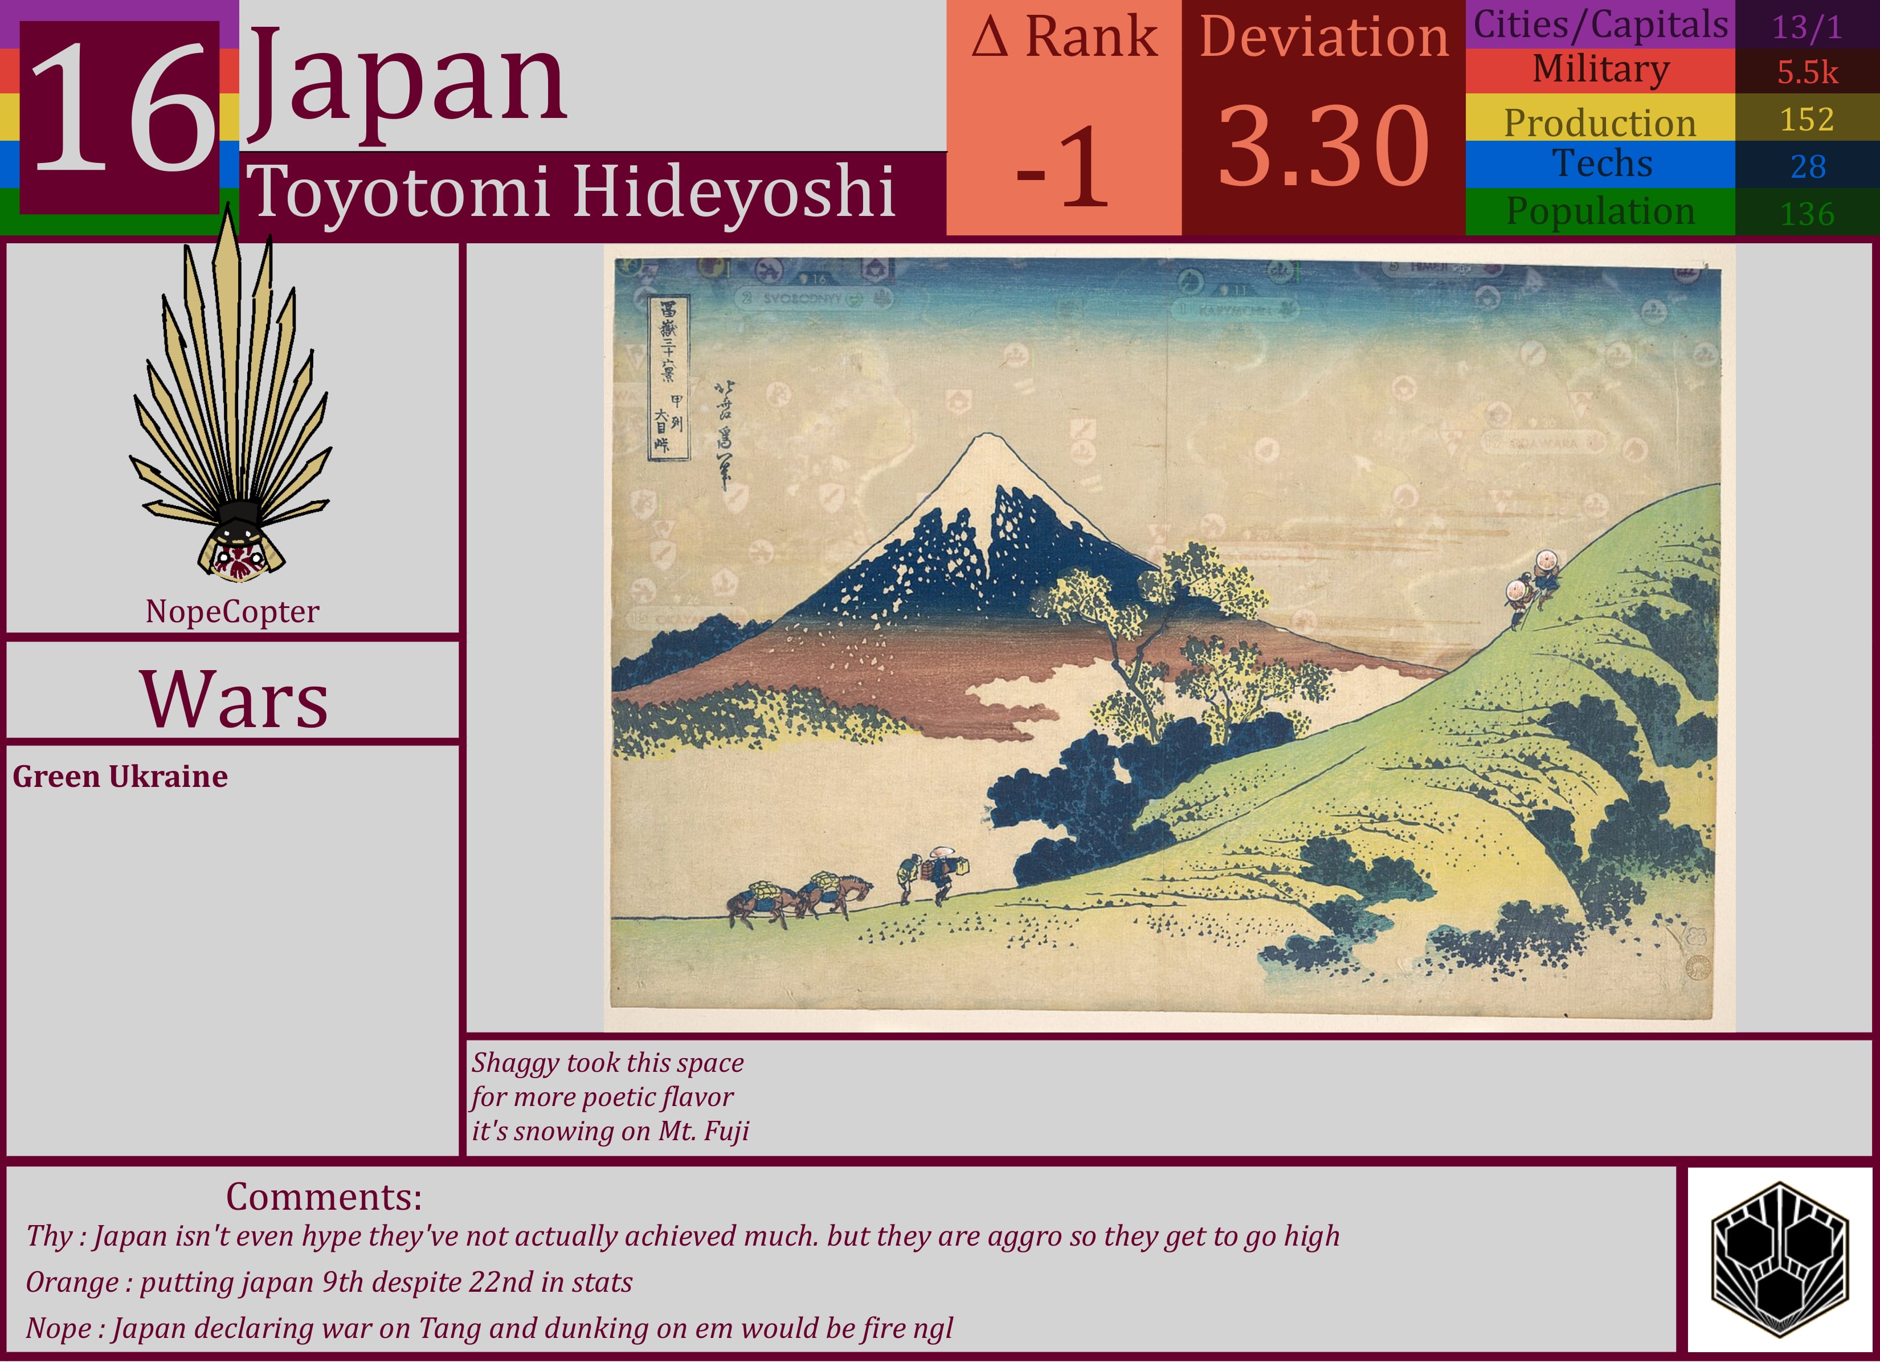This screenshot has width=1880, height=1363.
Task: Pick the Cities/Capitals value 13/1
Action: coord(1807,27)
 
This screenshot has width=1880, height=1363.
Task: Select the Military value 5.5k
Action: coord(1807,73)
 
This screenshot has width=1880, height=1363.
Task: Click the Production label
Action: coord(1600,123)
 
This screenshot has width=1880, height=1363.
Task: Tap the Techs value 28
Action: coord(1807,166)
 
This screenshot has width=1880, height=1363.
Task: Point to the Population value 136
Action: coord(1807,214)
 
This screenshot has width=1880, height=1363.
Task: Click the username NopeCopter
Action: coord(232,612)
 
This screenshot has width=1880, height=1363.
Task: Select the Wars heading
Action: coord(234,700)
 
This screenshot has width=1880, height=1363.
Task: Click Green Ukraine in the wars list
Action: coord(120,777)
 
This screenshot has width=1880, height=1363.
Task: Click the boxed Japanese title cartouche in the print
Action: coord(669,377)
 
